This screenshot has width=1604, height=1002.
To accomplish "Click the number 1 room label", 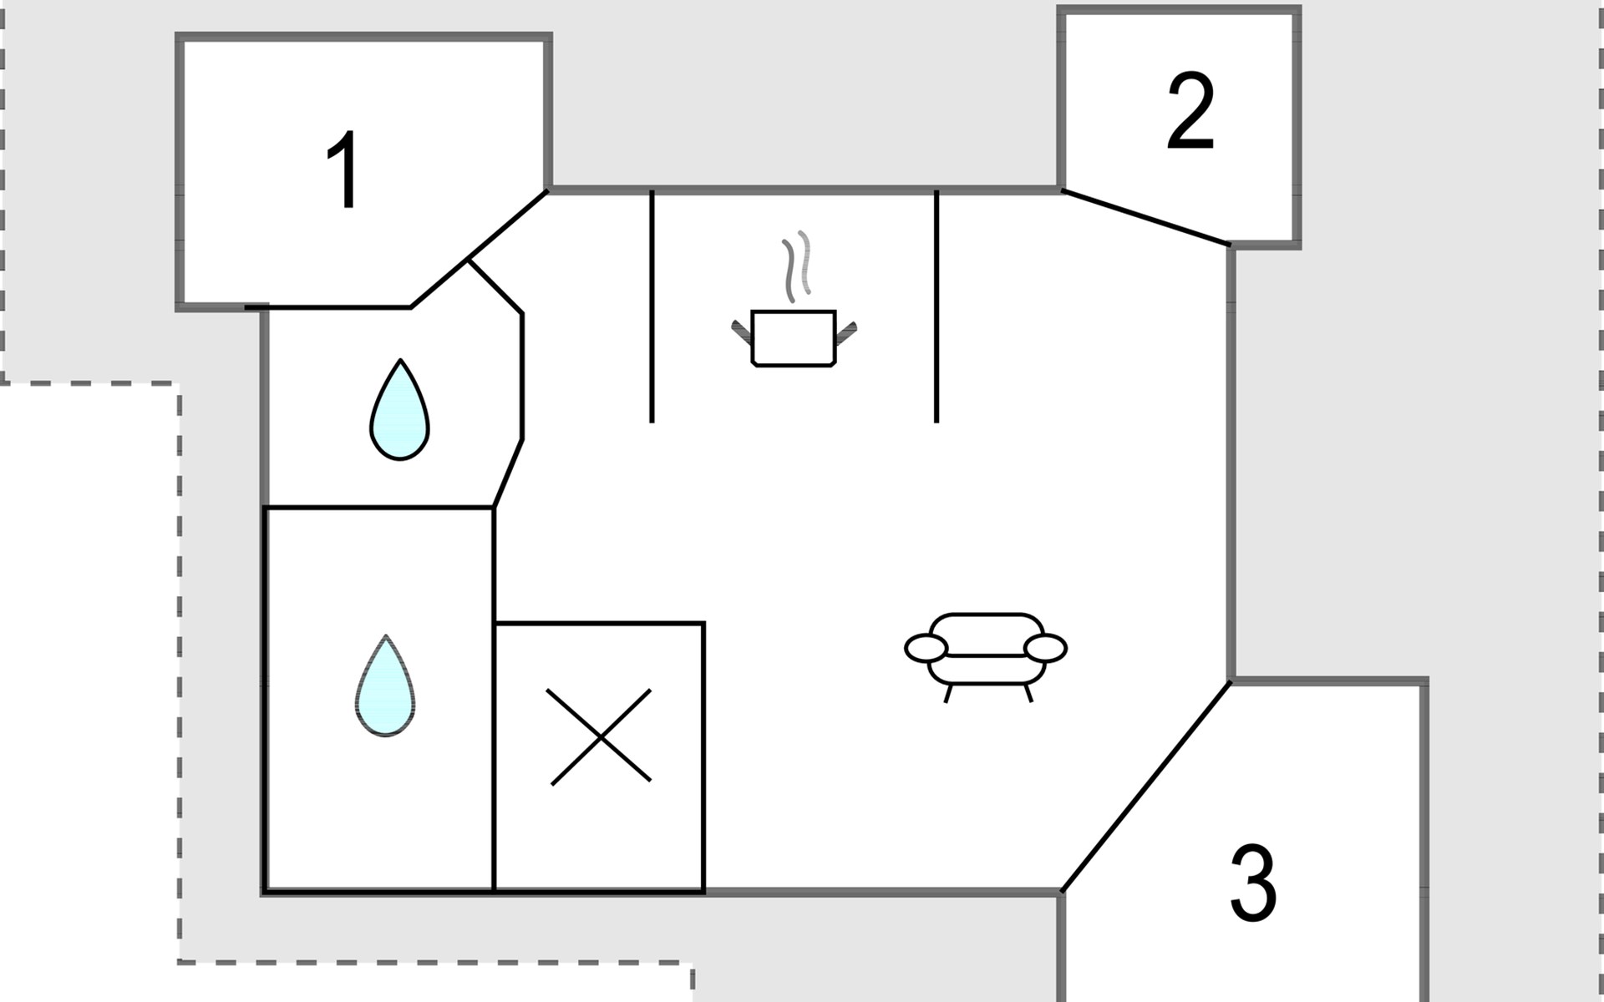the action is [344, 170].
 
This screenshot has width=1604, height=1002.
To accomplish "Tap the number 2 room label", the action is [1190, 111].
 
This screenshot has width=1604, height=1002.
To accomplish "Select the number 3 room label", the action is [1253, 883].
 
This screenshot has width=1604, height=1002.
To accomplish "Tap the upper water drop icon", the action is [399, 410].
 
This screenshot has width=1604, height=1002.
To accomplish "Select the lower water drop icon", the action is [385, 686].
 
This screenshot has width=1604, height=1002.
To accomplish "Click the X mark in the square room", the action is [601, 736].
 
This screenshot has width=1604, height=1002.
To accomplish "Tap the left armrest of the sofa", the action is [926, 647].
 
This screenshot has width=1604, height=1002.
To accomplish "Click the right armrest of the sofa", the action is [1045, 648].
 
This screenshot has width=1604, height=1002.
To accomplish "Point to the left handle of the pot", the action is [743, 331].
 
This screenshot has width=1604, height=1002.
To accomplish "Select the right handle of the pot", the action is [845, 332].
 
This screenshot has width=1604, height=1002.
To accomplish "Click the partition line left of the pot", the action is [652, 306].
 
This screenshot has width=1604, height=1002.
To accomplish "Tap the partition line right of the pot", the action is [937, 306].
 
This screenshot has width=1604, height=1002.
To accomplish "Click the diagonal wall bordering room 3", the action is [1146, 787].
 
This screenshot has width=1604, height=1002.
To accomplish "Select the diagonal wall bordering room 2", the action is [1146, 217].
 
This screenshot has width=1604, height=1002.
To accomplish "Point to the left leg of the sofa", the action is [948, 693].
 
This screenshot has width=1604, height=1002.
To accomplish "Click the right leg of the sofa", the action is [1028, 692].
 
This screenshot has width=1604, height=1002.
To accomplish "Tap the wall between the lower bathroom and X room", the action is [494, 700].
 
